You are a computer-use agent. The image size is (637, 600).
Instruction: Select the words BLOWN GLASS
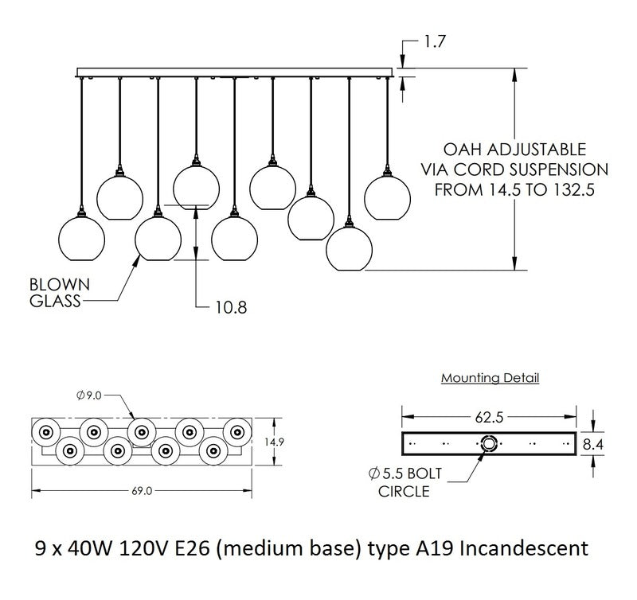coord(59,291)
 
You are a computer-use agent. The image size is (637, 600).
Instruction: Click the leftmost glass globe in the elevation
coord(84,241)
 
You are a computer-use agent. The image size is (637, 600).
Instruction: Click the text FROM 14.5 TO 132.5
coord(514,190)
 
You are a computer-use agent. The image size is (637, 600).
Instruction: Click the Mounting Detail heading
coord(490,378)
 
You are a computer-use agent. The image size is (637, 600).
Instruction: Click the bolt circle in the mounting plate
coord(488,443)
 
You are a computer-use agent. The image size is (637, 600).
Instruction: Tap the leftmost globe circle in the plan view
coord(45,432)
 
